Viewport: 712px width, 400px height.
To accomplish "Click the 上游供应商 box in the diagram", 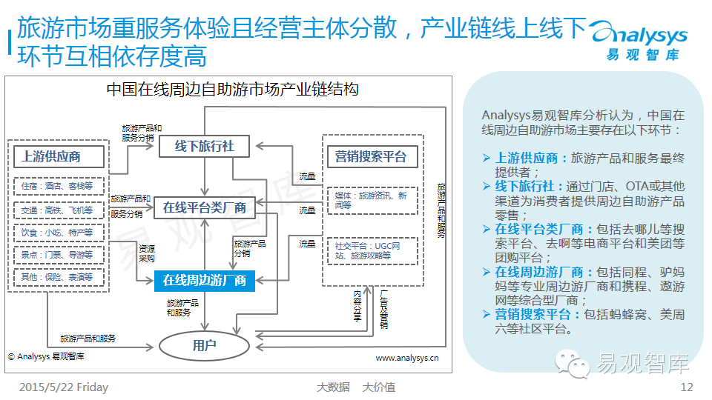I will pos(51,156).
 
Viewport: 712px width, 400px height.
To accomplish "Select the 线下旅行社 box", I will pos(205,146).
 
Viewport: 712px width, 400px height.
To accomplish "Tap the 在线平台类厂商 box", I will pos(205,207).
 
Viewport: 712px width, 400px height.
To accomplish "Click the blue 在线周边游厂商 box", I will pos(205,280).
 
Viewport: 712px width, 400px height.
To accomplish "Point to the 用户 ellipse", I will pos(204,344).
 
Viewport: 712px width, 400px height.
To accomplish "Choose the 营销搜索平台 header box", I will pos(371,156).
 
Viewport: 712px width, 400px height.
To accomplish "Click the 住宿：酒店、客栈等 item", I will pos(57,187).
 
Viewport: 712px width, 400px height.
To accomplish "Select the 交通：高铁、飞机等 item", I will pos(57,210).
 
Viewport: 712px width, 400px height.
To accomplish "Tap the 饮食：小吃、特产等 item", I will pos(57,232).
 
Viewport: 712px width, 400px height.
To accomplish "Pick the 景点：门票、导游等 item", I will pos(57,254).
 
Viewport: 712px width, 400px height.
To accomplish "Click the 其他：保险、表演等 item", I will pos(57,276).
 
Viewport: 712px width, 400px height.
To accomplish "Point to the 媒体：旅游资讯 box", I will pos(371,200).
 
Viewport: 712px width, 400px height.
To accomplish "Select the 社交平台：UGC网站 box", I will pos(371,250).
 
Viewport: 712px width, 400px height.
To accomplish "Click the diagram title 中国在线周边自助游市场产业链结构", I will pos(232,90).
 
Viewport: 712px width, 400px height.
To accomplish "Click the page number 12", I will pos(686,387).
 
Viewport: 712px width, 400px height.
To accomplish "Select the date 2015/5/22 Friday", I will pos(63,387).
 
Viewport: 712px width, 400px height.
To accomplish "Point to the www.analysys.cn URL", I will pos(407,357).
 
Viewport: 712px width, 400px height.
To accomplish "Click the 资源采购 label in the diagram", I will pos(146,253).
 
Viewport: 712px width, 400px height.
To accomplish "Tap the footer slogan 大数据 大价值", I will pos(356,387).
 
